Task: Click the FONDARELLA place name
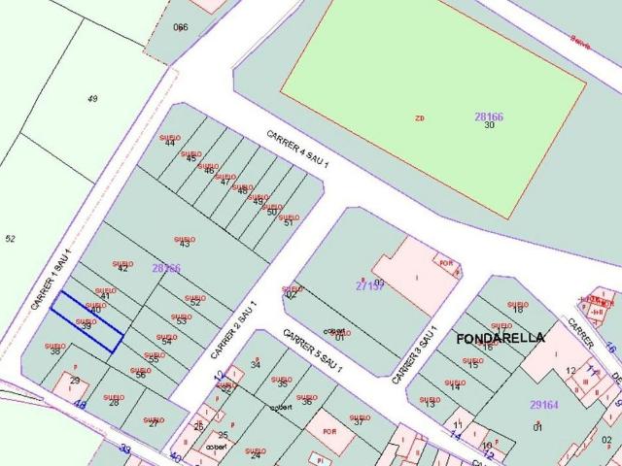(x=500, y=338)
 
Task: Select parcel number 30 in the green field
(x=489, y=126)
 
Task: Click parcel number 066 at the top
(x=180, y=27)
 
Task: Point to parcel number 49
(x=92, y=99)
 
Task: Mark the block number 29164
(x=543, y=405)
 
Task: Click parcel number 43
(x=184, y=244)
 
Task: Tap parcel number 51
(x=288, y=222)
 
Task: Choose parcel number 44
(x=170, y=143)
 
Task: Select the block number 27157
(x=370, y=285)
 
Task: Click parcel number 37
(x=358, y=421)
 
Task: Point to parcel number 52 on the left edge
(x=10, y=238)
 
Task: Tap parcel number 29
(x=74, y=382)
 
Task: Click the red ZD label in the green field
(x=420, y=118)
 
